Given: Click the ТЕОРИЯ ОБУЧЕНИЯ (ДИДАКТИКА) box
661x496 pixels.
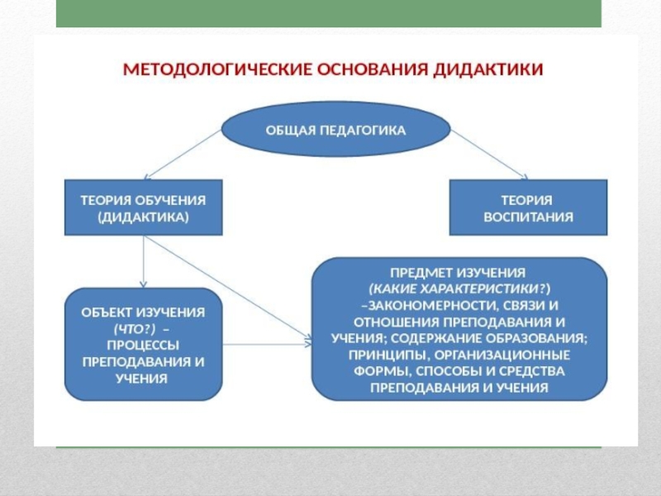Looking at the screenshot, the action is pyautogui.click(x=143, y=208).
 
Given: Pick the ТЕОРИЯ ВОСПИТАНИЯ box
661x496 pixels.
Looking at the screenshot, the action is pyautogui.click(x=527, y=208).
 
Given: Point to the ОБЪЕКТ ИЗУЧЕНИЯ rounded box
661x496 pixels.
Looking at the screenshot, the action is pyautogui.click(x=143, y=343).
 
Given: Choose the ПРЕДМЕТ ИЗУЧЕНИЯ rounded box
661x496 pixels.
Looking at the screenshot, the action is pyautogui.click(x=459, y=329).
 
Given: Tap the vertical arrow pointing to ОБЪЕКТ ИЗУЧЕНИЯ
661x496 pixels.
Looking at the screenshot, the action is pyautogui.click(x=145, y=263).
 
